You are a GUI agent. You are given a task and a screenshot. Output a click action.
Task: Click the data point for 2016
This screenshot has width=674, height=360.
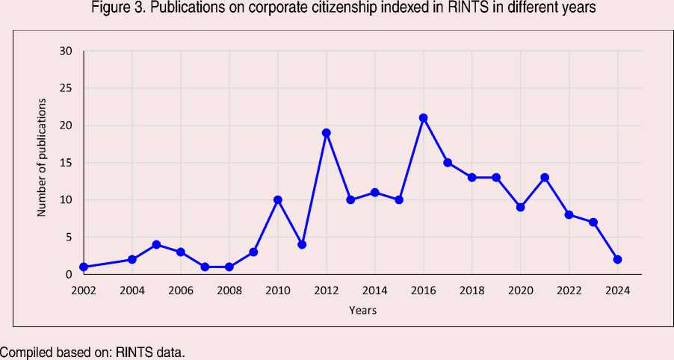click(423, 118)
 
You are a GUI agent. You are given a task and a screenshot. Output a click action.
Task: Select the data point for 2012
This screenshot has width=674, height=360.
click(327, 133)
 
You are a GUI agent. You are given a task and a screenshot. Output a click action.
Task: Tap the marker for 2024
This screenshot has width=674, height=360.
click(617, 259)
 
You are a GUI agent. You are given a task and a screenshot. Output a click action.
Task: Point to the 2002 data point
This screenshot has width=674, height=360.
click(84, 267)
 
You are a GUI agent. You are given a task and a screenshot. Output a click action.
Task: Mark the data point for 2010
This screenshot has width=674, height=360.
click(278, 199)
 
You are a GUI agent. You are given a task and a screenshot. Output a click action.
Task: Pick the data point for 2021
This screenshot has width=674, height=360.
click(545, 177)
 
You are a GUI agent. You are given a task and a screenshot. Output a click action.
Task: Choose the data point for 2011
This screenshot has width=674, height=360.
click(302, 244)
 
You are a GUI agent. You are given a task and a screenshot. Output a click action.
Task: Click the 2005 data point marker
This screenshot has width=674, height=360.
click(156, 244)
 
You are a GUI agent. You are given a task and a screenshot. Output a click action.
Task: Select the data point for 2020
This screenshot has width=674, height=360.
click(520, 207)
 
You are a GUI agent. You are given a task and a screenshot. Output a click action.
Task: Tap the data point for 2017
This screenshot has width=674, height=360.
click(448, 162)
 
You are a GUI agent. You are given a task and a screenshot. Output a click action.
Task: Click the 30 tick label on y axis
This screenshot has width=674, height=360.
click(66, 51)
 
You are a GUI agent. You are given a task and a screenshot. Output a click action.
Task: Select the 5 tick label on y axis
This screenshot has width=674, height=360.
click(69, 238)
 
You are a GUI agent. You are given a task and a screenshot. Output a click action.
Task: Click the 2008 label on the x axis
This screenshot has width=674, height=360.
click(229, 290)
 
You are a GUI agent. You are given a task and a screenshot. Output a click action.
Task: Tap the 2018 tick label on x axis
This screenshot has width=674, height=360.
click(472, 290)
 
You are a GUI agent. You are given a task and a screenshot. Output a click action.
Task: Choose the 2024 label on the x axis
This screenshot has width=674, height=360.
click(617, 290)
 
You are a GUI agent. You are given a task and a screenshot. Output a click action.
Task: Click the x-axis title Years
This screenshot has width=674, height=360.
click(362, 310)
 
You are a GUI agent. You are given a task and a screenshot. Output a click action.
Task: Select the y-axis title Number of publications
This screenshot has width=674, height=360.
click(42, 158)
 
